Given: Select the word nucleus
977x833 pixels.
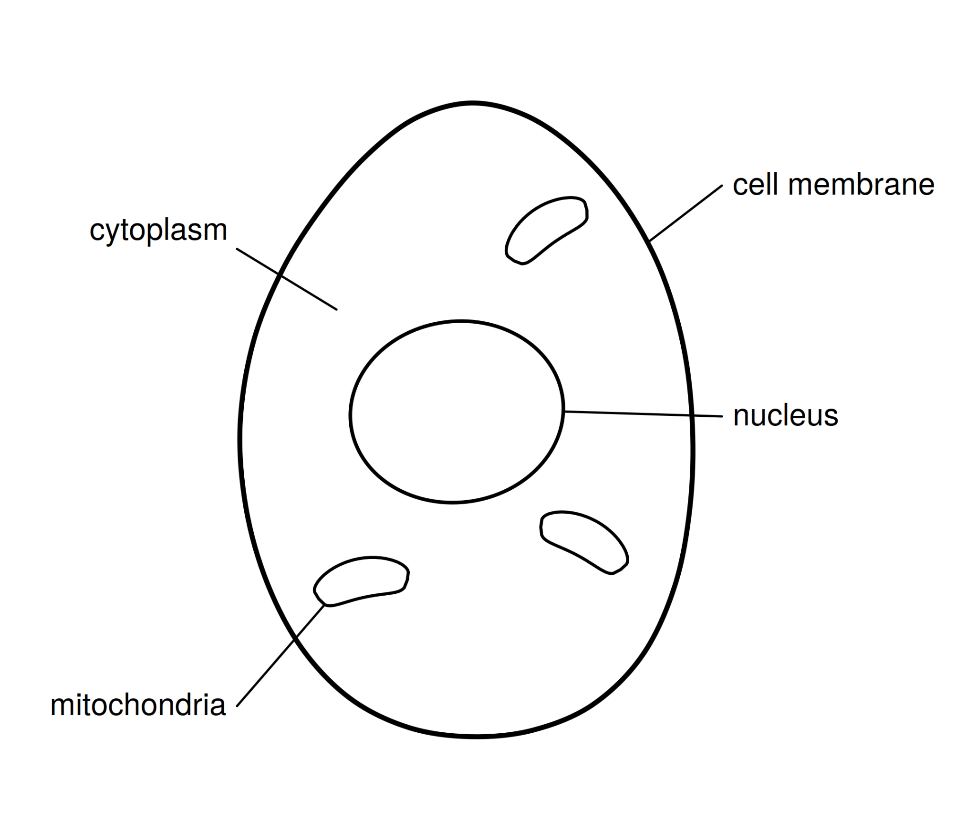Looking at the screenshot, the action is [x=786, y=416].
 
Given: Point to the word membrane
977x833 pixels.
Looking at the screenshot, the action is [x=861, y=184].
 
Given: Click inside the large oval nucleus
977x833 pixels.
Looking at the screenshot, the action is [x=457, y=411].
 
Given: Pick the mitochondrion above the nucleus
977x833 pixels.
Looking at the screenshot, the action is [x=546, y=230].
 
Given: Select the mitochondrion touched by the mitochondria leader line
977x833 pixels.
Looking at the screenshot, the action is [x=361, y=581].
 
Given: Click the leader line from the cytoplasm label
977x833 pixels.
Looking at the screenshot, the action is [x=287, y=279].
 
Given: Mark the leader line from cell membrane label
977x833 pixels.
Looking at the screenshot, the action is [x=686, y=213].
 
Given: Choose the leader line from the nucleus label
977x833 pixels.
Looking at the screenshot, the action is [x=643, y=414].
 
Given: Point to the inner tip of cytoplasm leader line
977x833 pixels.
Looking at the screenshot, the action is [x=337, y=310].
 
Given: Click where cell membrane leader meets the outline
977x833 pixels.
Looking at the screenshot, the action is [x=650, y=240].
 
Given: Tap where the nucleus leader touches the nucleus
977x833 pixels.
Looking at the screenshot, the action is [x=564, y=411].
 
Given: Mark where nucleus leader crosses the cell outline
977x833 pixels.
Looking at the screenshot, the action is [x=691, y=415].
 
